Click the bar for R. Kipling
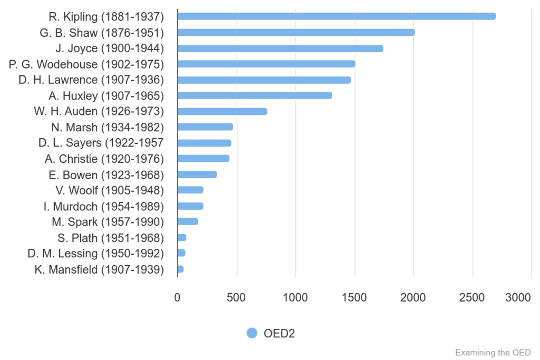[x=336, y=16]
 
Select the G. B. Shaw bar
[x=296, y=32]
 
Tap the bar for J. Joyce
[x=280, y=48]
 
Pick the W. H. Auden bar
[x=222, y=111]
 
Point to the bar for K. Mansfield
[x=181, y=269]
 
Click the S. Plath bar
[x=182, y=238]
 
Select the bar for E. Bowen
[x=197, y=174]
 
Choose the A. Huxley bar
[x=255, y=95]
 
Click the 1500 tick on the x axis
[x=354, y=297]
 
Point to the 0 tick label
[x=177, y=297]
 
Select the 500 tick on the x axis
[x=236, y=297]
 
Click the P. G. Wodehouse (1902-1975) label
[x=86, y=64]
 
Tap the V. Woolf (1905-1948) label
[x=110, y=190]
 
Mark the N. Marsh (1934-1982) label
[x=108, y=127]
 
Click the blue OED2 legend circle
[x=252, y=333]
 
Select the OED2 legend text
[x=279, y=333]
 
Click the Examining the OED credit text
[x=493, y=352]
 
